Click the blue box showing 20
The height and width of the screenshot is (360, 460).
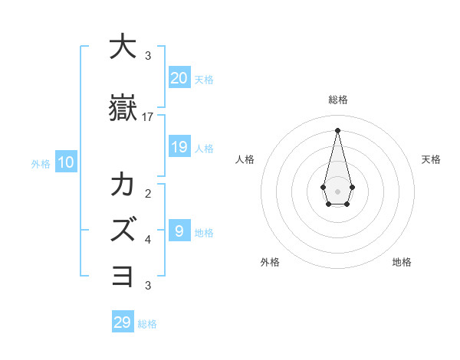[179, 78]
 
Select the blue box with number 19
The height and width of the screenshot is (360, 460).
[179, 147]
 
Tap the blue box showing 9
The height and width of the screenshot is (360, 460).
[179, 231]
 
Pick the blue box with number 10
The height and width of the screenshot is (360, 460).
[65, 162]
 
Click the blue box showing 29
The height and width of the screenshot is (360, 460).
[122, 322]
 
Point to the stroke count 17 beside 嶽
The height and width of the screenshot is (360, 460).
[148, 117]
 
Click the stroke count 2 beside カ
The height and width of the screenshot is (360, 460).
[148, 193]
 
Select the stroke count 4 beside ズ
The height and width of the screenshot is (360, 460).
[148, 240]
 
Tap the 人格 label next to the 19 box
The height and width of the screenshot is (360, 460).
[204, 148]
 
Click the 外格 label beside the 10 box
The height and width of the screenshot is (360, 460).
[41, 163]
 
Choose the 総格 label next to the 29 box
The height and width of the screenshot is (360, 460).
[147, 323]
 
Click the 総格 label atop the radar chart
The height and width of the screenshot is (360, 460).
[337, 100]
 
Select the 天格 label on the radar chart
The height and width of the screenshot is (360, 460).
[432, 159]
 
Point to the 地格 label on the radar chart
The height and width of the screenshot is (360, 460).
[402, 262]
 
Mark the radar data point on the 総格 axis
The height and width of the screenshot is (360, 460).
[337, 129]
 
